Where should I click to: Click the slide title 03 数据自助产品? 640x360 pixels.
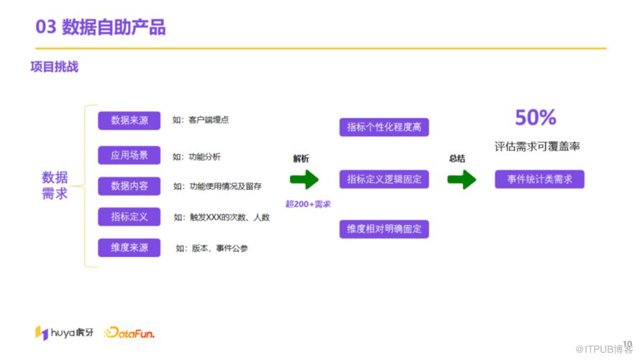pyautogui.click(x=101, y=27)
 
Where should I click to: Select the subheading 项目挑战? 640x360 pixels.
pyautogui.click(x=54, y=68)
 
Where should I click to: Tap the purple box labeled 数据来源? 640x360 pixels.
pyautogui.click(x=129, y=121)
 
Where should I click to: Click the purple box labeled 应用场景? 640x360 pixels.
pyautogui.click(x=129, y=154)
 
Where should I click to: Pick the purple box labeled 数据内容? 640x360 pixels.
pyautogui.click(x=129, y=185)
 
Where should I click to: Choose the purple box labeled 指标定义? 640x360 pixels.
pyautogui.click(x=129, y=216)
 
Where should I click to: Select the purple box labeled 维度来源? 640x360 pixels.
pyautogui.click(x=129, y=248)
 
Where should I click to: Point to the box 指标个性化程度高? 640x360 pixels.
pyautogui.click(x=384, y=127)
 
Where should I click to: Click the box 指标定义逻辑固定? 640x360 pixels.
pyautogui.click(x=384, y=179)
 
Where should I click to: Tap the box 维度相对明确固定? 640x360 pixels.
pyautogui.click(x=384, y=229)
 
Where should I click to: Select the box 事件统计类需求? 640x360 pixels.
pyautogui.click(x=539, y=179)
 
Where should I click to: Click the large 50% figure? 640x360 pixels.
pyautogui.click(x=536, y=118)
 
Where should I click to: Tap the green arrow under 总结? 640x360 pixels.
pyautogui.click(x=462, y=180)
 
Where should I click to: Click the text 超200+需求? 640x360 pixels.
pyautogui.click(x=308, y=204)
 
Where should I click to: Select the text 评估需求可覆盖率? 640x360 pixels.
pyautogui.click(x=537, y=147)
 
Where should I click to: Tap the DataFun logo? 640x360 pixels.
pyautogui.click(x=129, y=333)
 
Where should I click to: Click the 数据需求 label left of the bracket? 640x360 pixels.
pyautogui.click(x=55, y=185)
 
